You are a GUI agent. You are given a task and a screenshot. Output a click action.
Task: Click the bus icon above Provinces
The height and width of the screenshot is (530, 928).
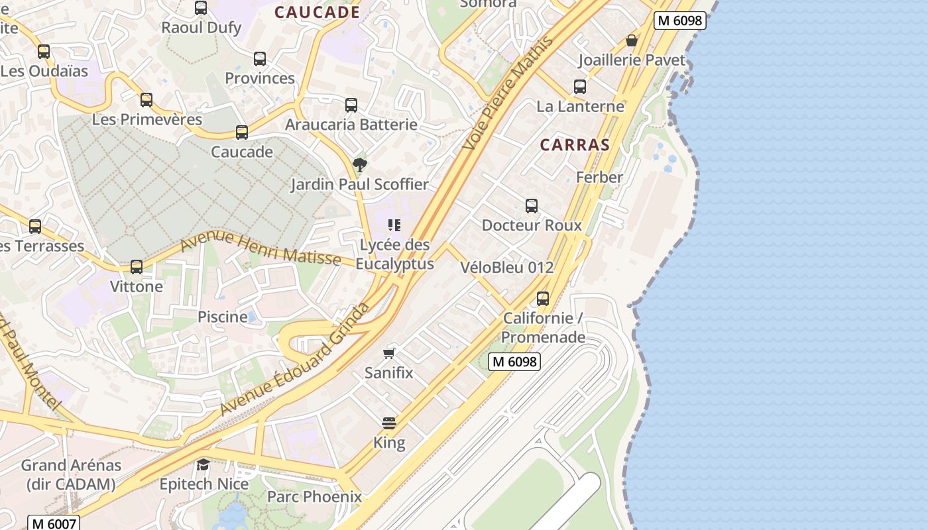pos(260,59)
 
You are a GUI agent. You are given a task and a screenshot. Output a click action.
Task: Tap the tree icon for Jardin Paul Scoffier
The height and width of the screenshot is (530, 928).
pos(360,165)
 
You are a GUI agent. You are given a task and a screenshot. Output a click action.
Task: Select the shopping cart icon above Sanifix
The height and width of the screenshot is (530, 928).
pos(389,353)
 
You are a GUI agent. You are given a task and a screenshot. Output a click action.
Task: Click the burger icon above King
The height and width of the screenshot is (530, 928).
pos(389,423)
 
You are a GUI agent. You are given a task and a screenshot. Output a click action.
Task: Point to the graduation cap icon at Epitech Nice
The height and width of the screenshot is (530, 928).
pos(203,464)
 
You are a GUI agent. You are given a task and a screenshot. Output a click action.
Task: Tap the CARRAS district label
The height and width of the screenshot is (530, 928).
pos(575,145)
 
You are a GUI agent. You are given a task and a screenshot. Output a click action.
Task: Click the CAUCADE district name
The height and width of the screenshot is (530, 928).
pos(317,12)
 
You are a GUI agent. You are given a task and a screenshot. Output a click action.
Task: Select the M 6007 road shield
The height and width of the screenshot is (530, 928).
pos(54,523)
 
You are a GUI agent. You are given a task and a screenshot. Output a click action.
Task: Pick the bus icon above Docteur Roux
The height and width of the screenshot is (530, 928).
pos(532,206)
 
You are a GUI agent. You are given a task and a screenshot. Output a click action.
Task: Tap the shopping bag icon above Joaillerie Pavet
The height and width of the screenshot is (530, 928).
pos(632,41)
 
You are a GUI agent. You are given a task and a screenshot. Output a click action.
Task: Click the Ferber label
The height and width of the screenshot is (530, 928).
pos(599,178)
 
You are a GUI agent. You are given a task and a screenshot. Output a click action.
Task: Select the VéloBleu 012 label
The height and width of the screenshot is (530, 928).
pos(506,268)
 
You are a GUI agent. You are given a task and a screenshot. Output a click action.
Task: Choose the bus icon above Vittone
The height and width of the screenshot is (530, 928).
pos(137,267)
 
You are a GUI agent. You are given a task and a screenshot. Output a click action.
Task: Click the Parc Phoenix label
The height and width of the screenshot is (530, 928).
pos(314,497)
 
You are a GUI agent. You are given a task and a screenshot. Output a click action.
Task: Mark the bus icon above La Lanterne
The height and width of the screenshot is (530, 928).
pos(580,87)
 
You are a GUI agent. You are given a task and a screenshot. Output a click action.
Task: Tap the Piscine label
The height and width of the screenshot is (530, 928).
pos(223,317)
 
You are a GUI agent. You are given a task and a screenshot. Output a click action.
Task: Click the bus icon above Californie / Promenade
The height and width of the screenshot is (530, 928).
pos(543,299)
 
